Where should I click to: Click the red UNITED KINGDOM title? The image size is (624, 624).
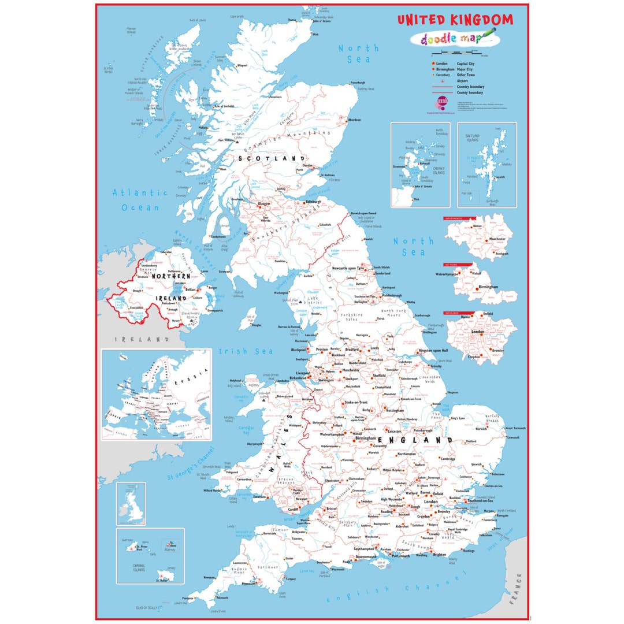coord(455,20)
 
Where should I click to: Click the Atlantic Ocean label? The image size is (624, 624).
coord(140,200)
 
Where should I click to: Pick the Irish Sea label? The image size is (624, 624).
coord(246,351)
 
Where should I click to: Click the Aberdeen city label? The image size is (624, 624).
coord(354,120)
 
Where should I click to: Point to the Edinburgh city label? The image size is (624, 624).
coord(314,202)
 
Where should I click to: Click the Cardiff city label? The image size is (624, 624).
coord(293,510)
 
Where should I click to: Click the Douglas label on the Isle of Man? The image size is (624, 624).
coord(257,325)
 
